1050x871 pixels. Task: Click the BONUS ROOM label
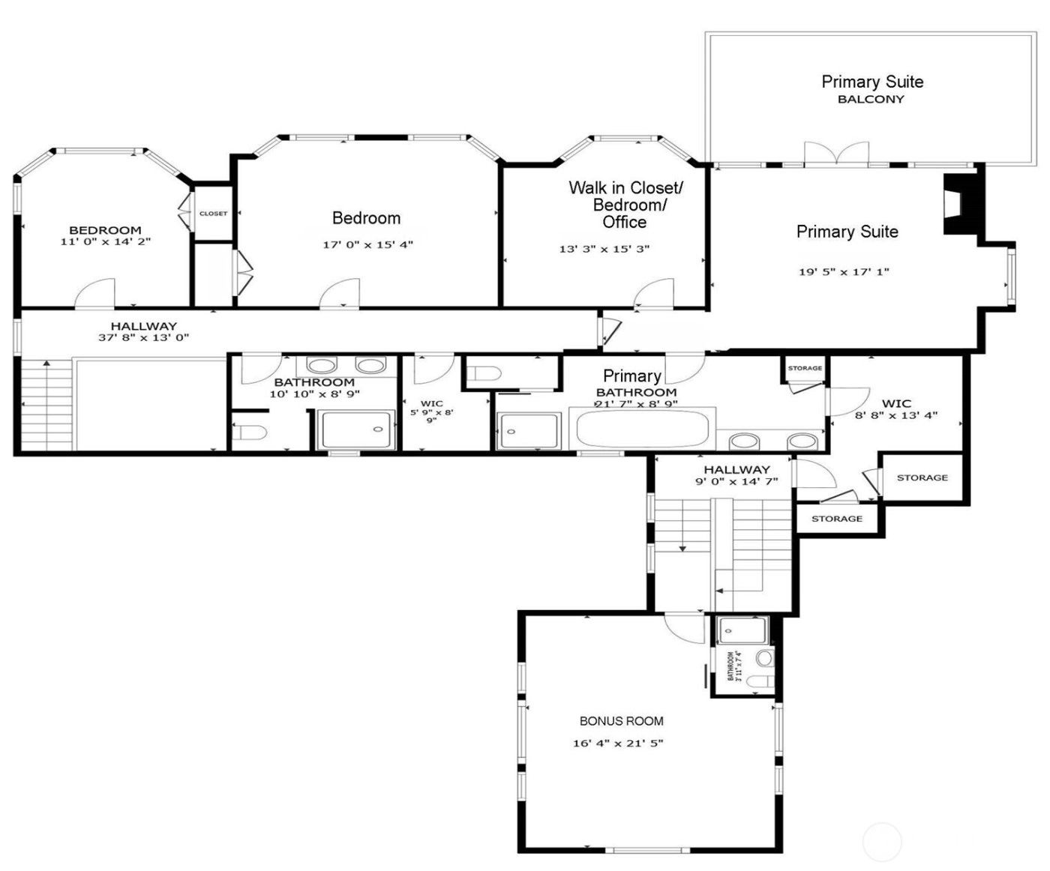(x=621, y=721)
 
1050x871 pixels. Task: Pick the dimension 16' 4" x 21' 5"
(x=617, y=744)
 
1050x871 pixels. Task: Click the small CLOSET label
(x=213, y=214)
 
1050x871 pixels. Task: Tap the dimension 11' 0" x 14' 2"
(x=105, y=242)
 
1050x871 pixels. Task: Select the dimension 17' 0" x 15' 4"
(x=367, y=245)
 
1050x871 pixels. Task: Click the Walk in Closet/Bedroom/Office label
(x=625, y=205)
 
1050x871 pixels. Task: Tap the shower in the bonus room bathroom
(x=741, y=631)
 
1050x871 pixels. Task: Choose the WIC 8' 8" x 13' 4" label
(x=896, y=409)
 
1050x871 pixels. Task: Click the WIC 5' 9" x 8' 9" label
(x=432, y=412)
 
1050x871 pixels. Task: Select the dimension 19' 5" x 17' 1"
(x=843, y=272)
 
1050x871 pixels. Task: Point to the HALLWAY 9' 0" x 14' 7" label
(x=736, y=475)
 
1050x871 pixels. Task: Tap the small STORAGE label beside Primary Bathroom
(x=805, y=368)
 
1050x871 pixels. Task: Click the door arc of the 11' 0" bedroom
(x=96, y=292)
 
